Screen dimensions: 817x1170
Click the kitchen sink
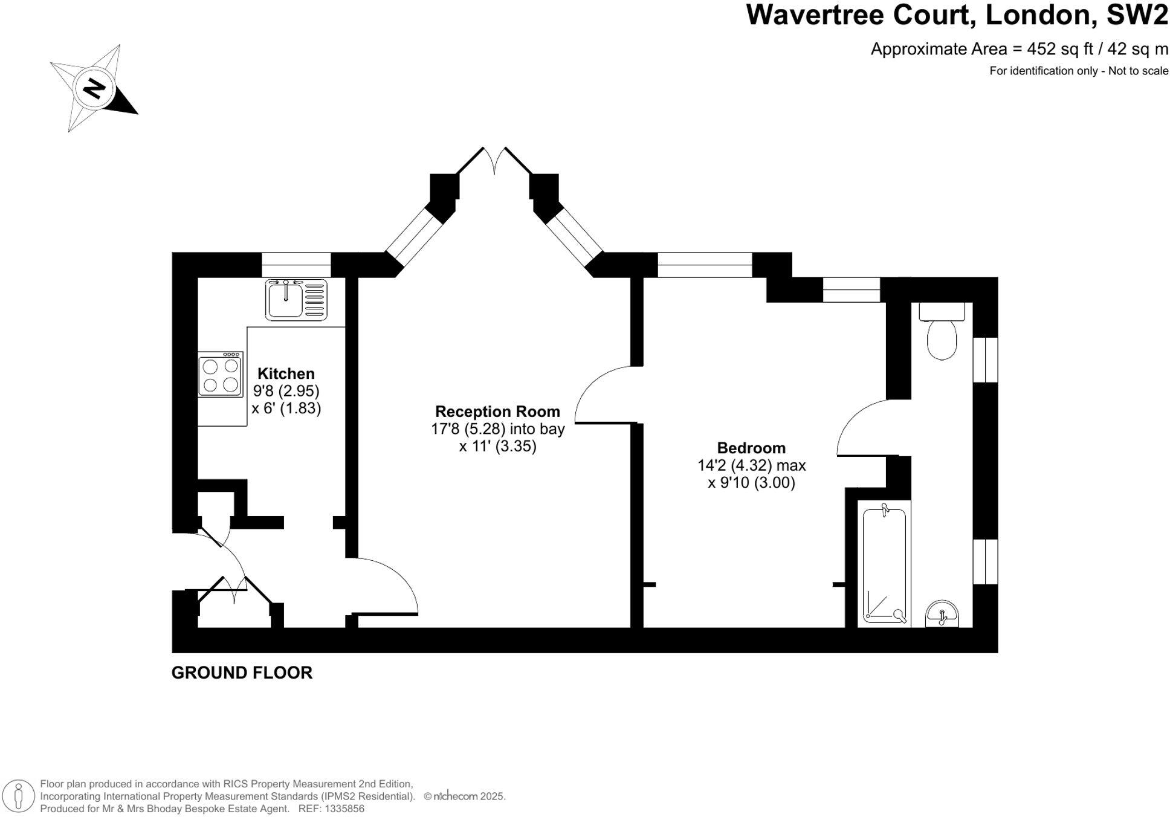[296, 299]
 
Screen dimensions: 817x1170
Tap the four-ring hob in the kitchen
[220, 375]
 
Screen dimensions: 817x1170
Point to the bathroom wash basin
[942, 614]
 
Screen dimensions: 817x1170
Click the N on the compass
[94, 89]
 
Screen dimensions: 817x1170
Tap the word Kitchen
[286, 373]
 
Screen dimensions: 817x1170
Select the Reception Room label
[497, 412]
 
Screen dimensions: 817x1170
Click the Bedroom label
[751, 448]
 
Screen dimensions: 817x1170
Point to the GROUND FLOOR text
[242, 673]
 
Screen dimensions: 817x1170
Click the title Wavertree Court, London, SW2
[957, 16]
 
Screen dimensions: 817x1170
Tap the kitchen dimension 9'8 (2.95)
[286, 391]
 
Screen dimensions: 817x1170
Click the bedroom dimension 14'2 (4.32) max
[751, 465]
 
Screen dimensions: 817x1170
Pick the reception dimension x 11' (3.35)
[497, 447]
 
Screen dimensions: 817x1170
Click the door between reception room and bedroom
[604, 396]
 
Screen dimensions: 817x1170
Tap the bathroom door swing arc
[861, 428]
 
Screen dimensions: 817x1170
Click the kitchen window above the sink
[296, 264]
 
